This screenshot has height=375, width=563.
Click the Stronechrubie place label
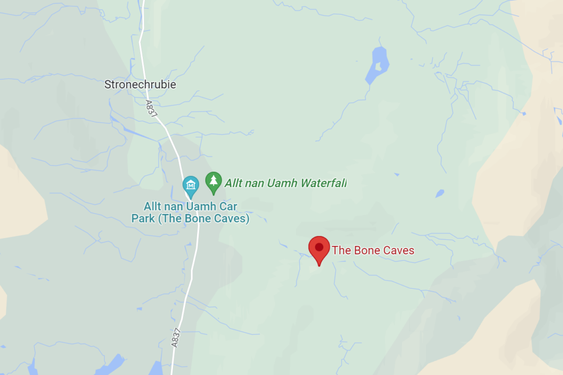click(x=140, y=85)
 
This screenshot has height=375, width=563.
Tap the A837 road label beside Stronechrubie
click(x=151, y=109)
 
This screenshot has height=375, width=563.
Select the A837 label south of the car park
click(x=176, y=337)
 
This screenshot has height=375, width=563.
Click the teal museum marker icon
click(x=190, y=185)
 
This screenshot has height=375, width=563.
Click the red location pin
click(x=319, y=248)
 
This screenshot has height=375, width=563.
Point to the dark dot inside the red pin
click(x=319, y=247)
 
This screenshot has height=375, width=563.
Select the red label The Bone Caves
click(x=373, y=251)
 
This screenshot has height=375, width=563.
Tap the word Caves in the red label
click(x=398, y=251)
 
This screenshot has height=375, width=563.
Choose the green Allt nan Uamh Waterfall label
click(x=285, y=183)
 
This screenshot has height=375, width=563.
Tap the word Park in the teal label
click(x=143, y=219)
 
